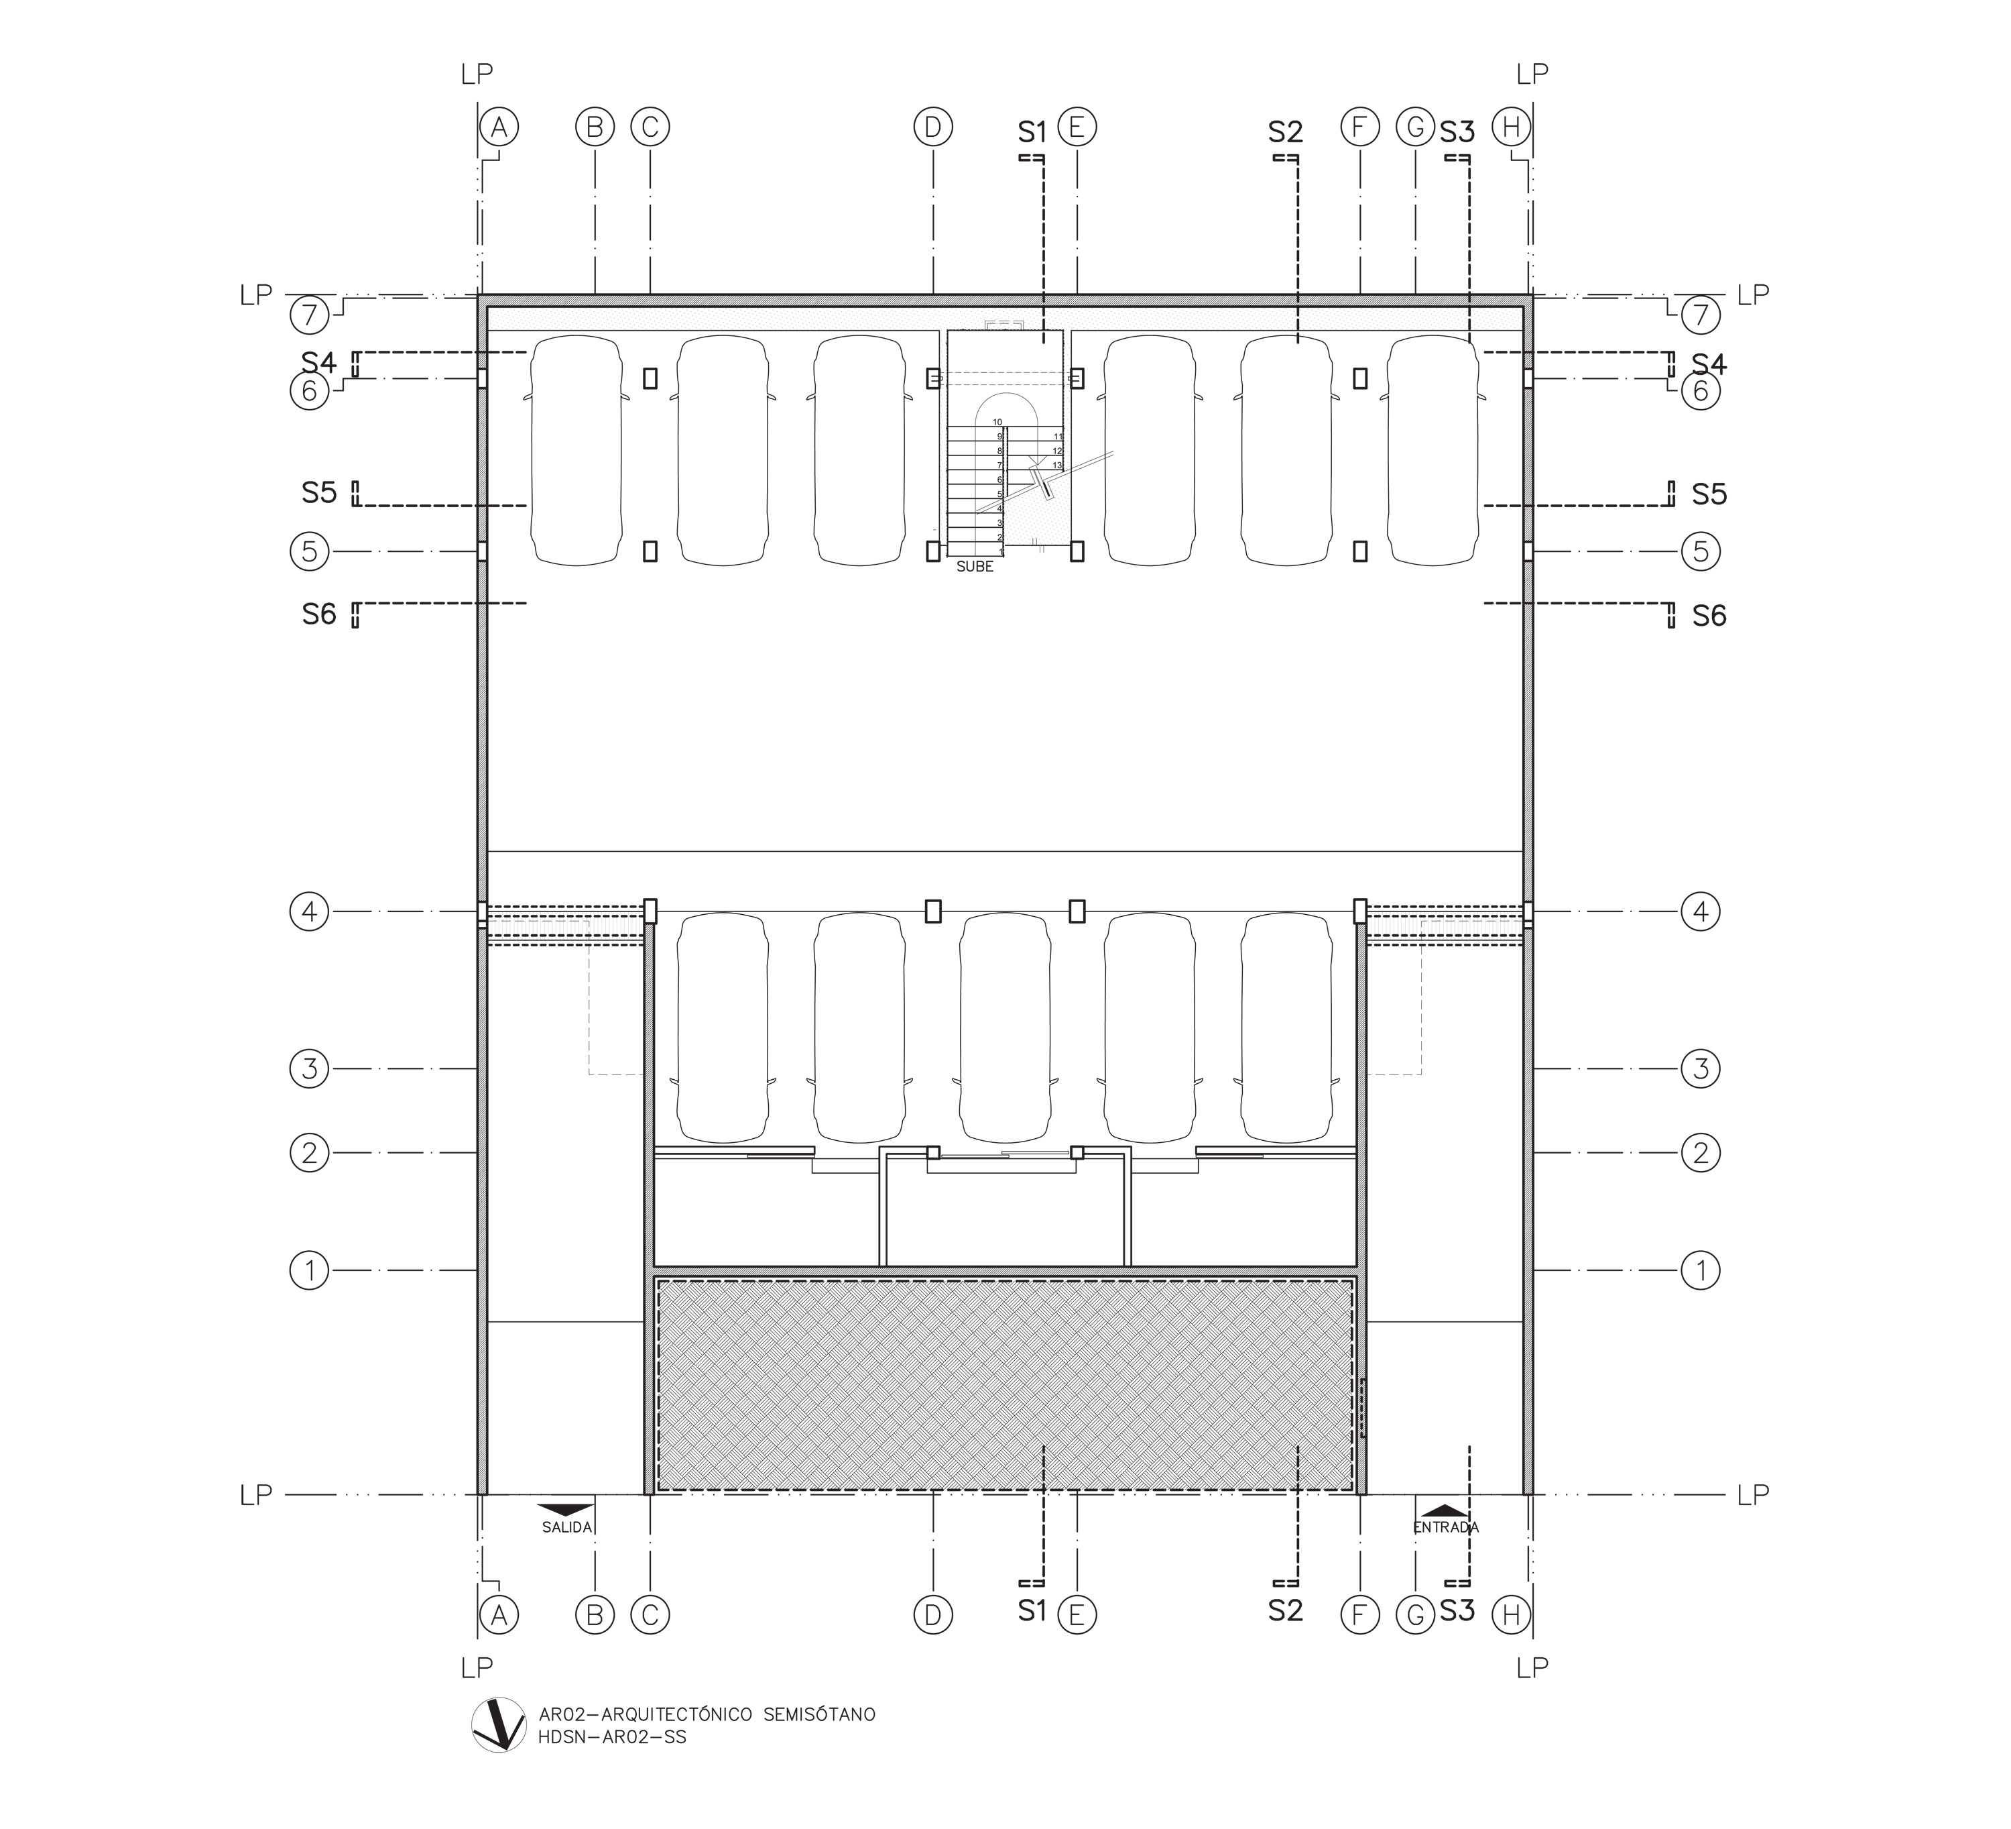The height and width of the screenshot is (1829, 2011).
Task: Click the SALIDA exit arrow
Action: [566, 1510]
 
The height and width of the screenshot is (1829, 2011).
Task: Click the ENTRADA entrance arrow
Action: [1445, 1510]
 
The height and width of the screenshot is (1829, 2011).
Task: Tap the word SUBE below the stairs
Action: [975, 567]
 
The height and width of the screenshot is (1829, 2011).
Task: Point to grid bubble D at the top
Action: [932, 127]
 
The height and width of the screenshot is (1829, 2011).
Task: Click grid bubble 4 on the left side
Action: [309, 911]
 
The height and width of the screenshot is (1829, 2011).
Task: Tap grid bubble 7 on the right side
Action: [1701, 315]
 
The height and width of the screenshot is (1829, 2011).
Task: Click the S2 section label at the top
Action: [1286, 131]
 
